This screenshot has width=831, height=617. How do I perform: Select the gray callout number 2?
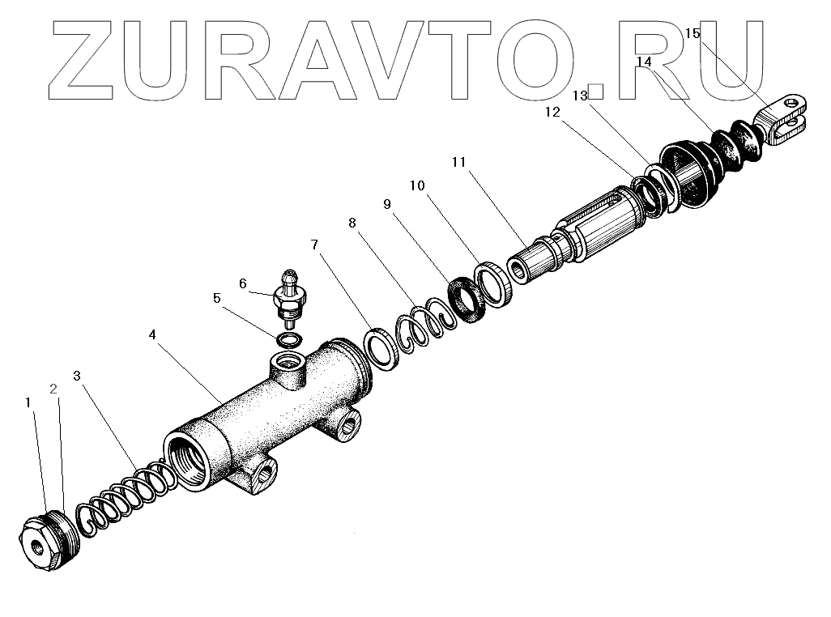pos(53,389)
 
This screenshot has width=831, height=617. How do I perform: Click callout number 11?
pos(459,162)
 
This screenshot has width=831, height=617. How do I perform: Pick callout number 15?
pos(692,34)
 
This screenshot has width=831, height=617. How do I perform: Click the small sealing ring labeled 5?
pos(289,338)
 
